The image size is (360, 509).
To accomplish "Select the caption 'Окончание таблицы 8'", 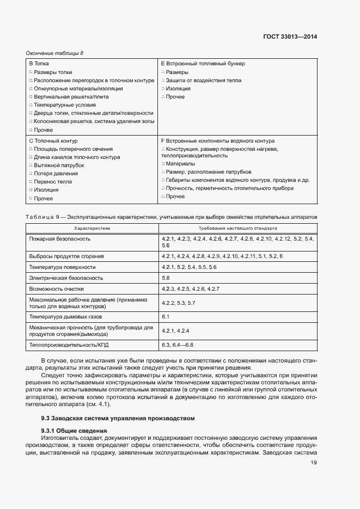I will click(x=54, y=53).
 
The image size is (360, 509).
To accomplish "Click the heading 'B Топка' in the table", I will click(x=38, y=64).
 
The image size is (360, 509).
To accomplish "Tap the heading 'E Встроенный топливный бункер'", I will click(x=203, y=64).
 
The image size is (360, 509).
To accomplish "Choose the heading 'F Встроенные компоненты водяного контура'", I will click(x=217, y=140).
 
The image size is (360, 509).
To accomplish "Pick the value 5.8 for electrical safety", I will click(x=166, y=278).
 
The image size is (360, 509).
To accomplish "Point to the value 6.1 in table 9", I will click(x=166, y=316).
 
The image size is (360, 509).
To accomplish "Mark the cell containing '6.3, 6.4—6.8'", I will click(x=178, y=345).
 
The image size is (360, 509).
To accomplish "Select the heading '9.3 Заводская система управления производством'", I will click(x=117, y=418).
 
